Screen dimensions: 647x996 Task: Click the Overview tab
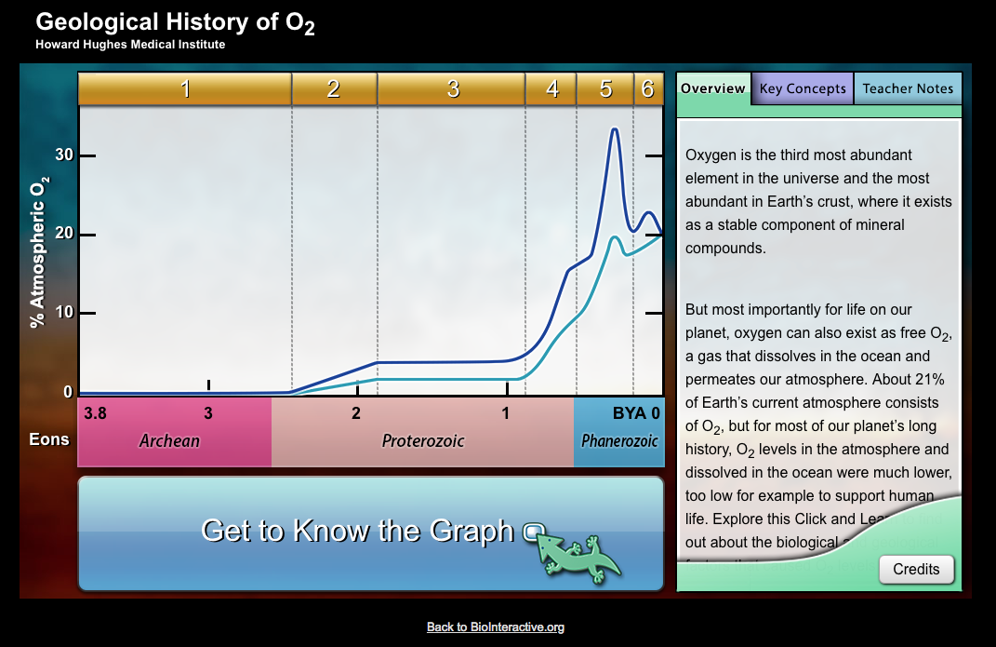coord(712,88)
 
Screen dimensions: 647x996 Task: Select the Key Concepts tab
coord(803,88)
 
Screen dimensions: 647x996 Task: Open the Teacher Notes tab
coord(908,88)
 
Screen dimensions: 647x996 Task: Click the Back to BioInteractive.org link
coord(496,627)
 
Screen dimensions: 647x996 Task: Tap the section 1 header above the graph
coord(185,89)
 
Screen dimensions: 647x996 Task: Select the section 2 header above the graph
coord(334,89)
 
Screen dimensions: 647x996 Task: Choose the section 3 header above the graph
coord(452,89)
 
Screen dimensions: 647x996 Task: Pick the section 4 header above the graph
coord(551,89)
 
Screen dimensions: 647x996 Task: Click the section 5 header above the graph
coord(605,89)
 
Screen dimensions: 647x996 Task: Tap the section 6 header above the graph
coord(648,89)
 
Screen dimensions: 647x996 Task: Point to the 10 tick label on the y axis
coord(63,313)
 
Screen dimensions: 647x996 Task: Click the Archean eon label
coord(169,440)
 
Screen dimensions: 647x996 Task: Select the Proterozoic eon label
coord(423,440)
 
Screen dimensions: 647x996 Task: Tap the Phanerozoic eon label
coord(619,440)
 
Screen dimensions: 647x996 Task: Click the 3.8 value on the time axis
coord(95,413)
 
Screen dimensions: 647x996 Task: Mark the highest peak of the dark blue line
coord(614,128)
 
